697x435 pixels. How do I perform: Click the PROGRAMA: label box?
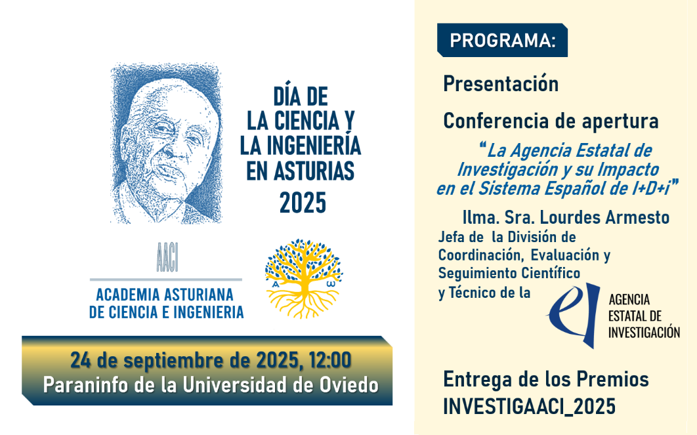(x=502, y=40)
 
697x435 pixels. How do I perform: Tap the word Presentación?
(x=501, y=84)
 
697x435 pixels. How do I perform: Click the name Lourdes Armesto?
(x=604, y=217)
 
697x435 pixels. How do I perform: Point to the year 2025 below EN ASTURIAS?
(x=303, y=203)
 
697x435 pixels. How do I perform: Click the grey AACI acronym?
(x=167, y=258)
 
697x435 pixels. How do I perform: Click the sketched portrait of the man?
(x=166, y=143)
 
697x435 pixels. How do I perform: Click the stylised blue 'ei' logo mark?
(x=574, y=314)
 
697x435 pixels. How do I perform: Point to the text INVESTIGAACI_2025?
(x=530, y=406)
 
